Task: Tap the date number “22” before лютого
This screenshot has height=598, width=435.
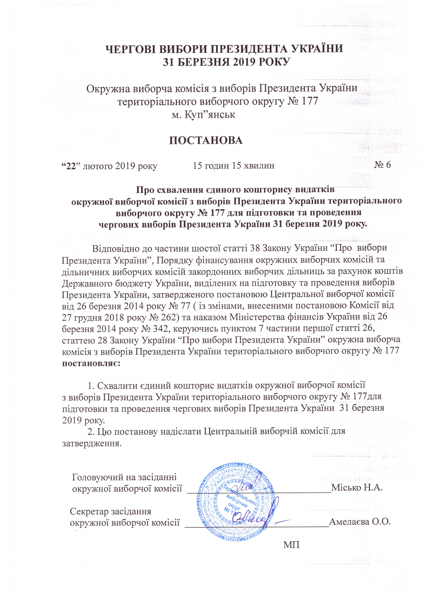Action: (70, 166)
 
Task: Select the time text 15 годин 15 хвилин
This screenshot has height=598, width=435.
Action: (234, 166)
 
